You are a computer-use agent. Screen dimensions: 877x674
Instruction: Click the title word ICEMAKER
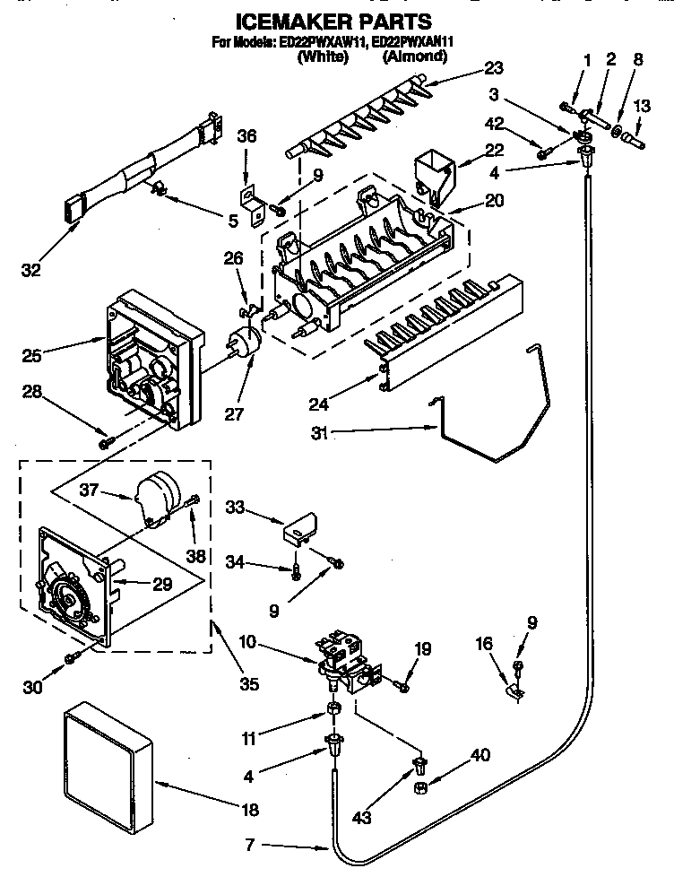click(x=286, y=22)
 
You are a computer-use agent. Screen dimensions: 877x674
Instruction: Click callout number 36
click(x=246, y=136)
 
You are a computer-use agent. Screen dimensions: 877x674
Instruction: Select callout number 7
click(x=252, y=845)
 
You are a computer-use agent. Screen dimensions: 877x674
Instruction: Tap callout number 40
click(x=480, y=756)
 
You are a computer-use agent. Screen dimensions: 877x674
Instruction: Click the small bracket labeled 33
click(x=302, y=528)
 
